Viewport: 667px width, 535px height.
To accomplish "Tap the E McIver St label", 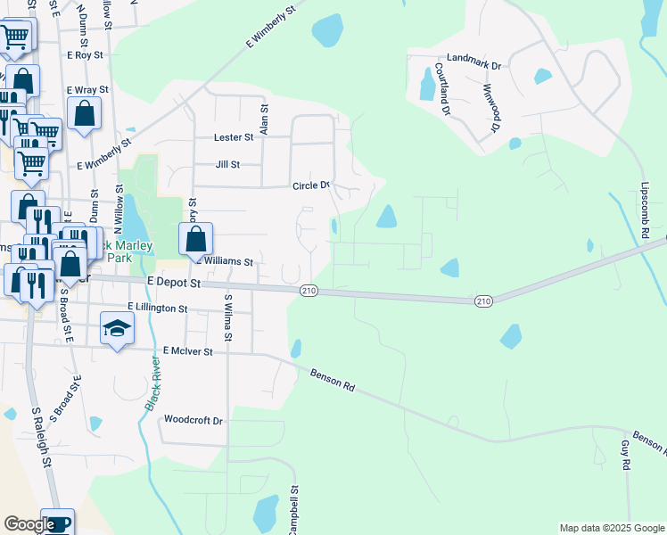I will coord(182,352).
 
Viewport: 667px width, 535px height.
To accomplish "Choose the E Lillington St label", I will coord(157,308).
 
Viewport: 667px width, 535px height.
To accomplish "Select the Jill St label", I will coord(228,165).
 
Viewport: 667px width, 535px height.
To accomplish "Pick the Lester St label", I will coord(235,137).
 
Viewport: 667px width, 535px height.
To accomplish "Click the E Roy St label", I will coord(86,54).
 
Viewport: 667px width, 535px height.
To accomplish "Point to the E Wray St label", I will coord(87,90).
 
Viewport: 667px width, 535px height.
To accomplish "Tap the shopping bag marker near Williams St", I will coord(195,239).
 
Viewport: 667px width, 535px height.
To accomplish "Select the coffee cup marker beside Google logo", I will coord(57,523).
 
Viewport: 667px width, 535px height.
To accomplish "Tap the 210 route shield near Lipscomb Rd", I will coord(483,302).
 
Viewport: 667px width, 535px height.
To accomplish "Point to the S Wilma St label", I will coord(228,318).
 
